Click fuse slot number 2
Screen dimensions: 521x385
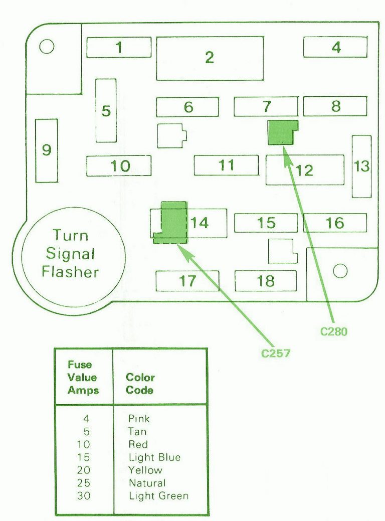point(210,58)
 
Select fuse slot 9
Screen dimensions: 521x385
point(46,150)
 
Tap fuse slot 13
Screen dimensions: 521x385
point(361,166)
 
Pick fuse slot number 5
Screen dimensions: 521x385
point(106,110)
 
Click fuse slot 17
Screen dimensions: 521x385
point(187,281)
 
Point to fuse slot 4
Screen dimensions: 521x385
point(335,48)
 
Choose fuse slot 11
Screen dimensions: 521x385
point(226,165)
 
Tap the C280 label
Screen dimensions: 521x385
point(334,331)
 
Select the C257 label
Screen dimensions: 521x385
point(276,353)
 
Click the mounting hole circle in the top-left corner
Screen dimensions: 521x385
point(46,47)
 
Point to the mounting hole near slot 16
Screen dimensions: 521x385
point(340,271)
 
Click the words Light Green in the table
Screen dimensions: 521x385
point(158,496)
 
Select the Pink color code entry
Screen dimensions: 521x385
point(139,418)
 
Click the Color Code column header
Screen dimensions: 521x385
point(140,384)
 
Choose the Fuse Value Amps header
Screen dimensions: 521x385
point(83,378)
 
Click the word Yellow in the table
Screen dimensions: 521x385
point(145,470)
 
